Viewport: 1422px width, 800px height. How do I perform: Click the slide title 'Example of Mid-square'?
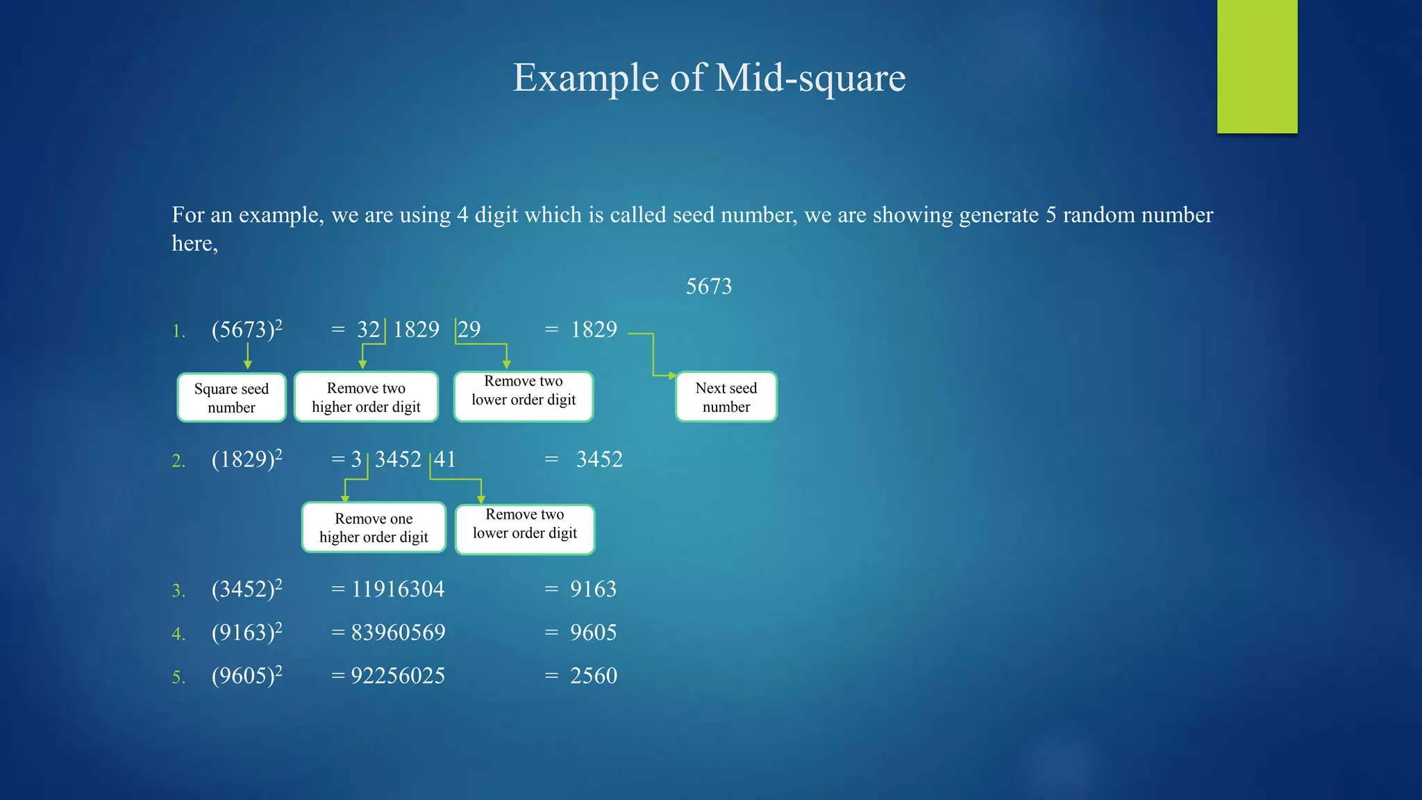pos(709,77)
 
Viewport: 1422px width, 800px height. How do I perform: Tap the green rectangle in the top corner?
pos(1257,66)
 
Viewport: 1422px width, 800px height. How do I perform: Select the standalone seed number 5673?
pos(708,286)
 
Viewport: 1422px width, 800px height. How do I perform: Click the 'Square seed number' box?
pos(231,397)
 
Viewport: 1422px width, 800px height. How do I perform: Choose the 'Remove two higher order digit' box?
pos(366,397)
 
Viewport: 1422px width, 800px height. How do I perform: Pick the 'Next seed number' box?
pos(726,397)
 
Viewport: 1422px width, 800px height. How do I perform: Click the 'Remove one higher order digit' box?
pos(374,528)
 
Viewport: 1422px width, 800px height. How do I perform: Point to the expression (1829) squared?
pos(246,459)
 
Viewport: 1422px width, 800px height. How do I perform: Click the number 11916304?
pos(398,589)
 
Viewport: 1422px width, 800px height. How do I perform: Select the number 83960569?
pos(398,632)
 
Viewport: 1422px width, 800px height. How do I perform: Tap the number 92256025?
pos(398,675)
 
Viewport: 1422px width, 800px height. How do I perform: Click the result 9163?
pos(593,589)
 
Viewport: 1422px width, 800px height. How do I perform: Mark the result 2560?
pos(593,675)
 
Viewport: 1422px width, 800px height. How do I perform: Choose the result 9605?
pos(593,632)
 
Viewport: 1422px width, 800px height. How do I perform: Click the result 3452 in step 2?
pos(599,459)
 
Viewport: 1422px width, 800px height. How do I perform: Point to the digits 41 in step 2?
pos(445,459)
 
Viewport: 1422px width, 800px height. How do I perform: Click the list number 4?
pos(178,634)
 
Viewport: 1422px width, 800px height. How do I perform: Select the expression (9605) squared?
pos(246,675)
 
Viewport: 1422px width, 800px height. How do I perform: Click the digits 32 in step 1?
pos(369,329)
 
